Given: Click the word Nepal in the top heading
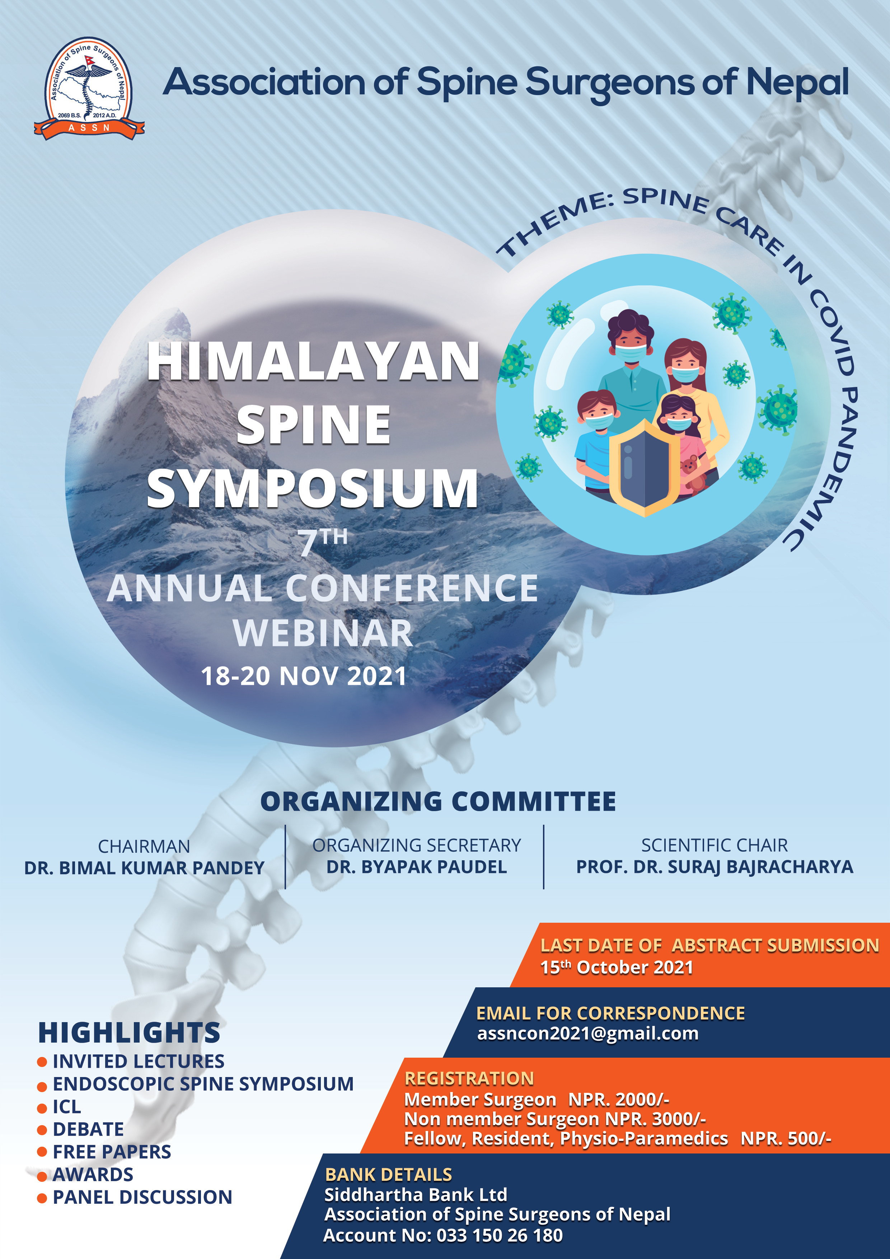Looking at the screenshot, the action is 797,83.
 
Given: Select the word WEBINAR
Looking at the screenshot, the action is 322,633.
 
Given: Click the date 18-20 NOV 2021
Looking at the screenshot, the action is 304,676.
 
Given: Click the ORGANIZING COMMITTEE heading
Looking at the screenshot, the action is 438,802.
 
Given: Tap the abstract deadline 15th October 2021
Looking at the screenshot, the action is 617,967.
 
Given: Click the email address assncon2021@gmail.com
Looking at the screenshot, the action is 588,1034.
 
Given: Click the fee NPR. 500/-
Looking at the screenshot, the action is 786,1138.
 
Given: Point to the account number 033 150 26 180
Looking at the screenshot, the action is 500,1235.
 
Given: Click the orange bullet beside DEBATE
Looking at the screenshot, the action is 42,1129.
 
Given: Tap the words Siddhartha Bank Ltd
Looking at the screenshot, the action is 416,1195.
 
